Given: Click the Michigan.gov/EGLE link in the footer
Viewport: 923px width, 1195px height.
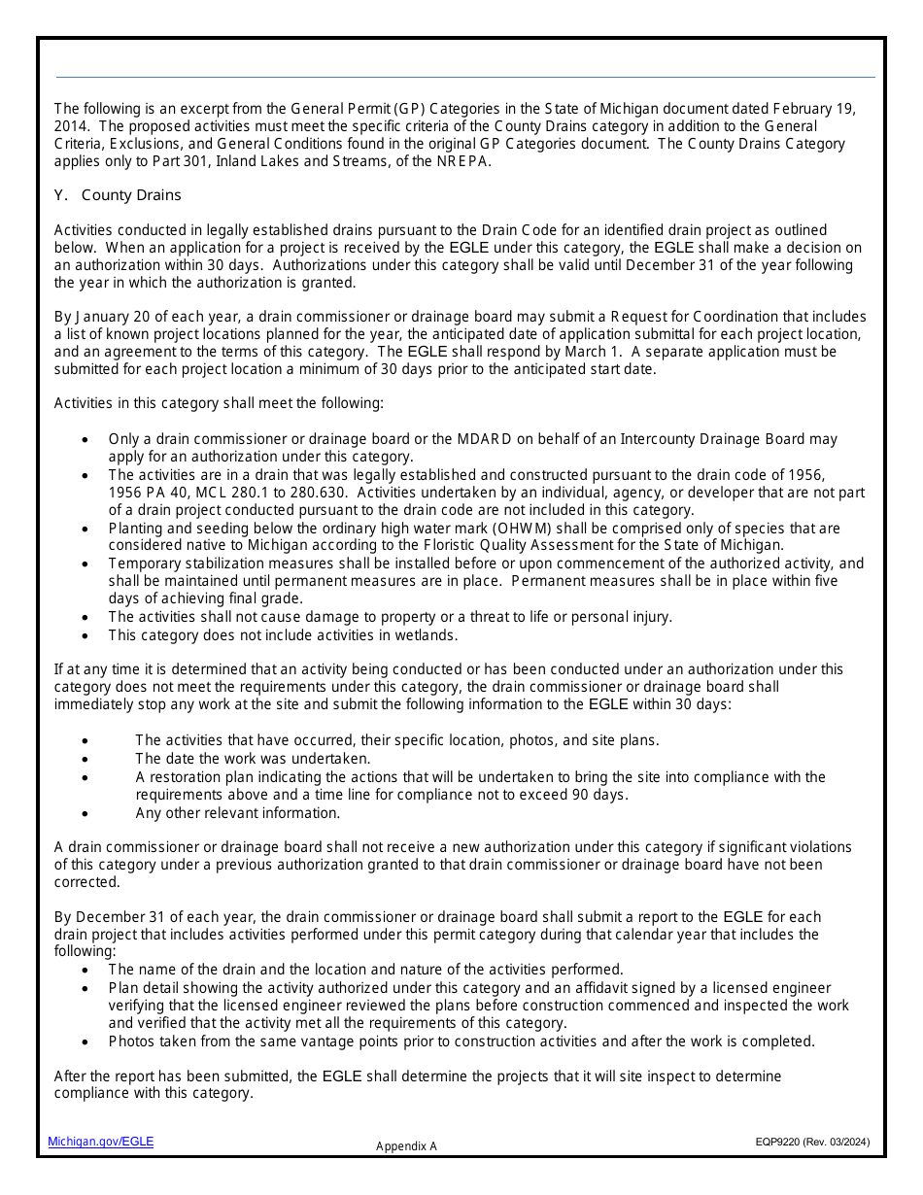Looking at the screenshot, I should (101, 1142).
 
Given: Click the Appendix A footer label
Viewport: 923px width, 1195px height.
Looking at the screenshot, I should (406, 1146).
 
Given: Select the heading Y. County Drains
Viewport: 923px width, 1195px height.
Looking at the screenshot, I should (118, 195).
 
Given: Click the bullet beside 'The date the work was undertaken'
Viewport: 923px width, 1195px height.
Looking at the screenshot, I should (86, 759).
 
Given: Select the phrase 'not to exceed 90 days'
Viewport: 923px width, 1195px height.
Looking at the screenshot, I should (553, 795).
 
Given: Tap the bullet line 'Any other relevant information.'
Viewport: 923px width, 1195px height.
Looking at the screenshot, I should (237, 813).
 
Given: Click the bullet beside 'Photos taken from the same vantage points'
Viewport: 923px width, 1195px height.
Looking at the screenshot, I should (86, 1041).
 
